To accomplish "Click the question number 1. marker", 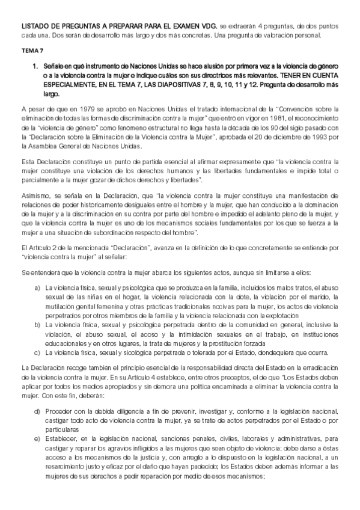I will point(35,64).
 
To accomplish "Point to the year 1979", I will point(80,109).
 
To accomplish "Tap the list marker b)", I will point(37,325).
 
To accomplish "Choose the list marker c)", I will point(37,352).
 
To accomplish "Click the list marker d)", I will point(37,410).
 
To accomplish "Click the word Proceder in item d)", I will point(59,410).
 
